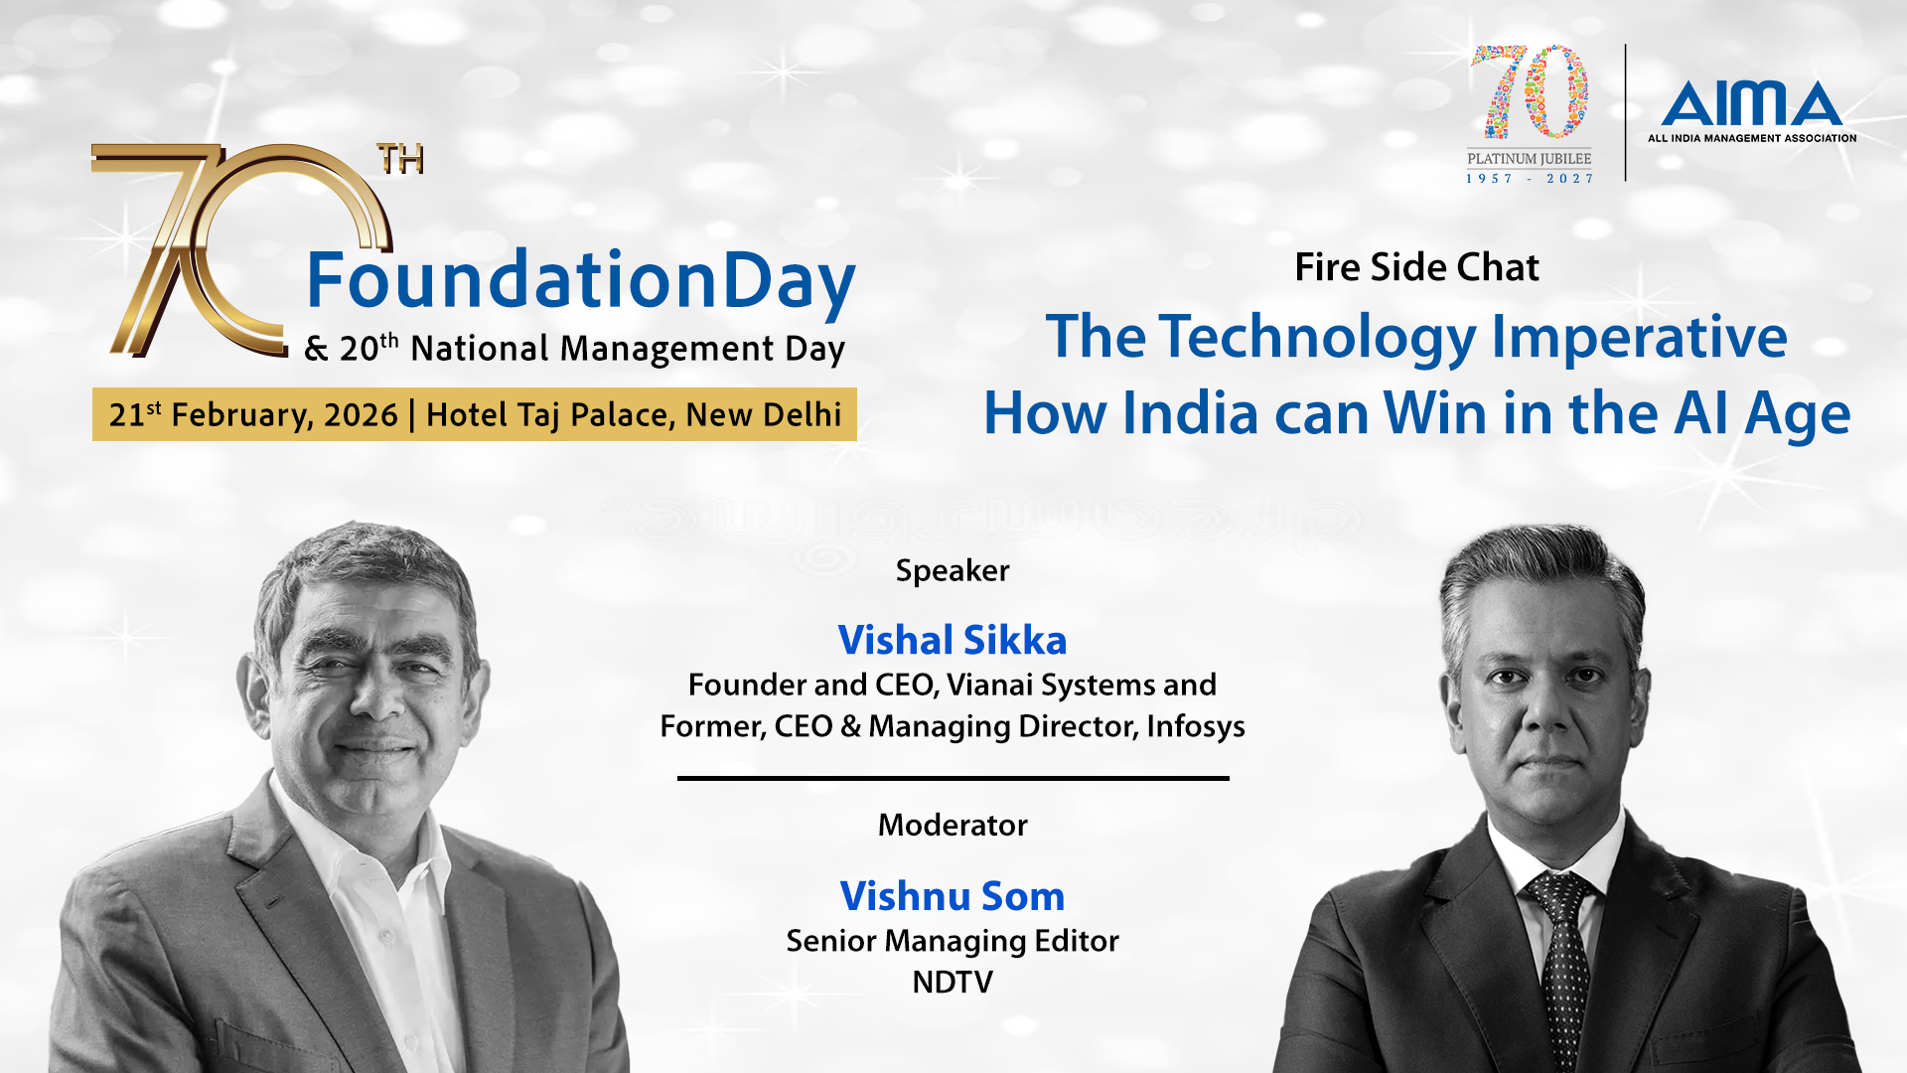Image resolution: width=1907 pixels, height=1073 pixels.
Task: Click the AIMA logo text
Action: pyautogui.click(x=1751, y=103)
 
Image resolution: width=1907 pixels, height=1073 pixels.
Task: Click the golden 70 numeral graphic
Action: pyautogui.click(x=238, y=249)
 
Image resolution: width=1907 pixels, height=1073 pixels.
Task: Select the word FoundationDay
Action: pyautogui.click(x=581, y=281)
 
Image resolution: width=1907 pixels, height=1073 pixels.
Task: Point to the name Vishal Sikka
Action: pyautogui.click(x=953, y=640)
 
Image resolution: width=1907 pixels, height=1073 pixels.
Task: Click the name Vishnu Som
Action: pyautogui.click(x=953, y=896)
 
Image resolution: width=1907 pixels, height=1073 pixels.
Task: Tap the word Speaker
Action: pyautogui.click(x=953, y=571)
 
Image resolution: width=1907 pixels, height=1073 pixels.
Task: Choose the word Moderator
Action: pyautogui.click(x=953, y=825)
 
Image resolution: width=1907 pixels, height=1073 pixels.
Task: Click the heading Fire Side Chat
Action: pyautogui.click(x=1416, y=267)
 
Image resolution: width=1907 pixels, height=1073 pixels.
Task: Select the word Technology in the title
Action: pyautogui.click(x=1318, y=338)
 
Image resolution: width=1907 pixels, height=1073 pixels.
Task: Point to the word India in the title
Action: pyautogui.click(x=1191, y=413)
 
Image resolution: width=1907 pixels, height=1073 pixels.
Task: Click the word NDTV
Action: pyautogui.click(x=953, y=983)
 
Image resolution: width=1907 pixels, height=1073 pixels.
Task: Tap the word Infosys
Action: pyautogui.click(x=1196, y=727)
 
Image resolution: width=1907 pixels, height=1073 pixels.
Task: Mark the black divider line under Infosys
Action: pyautogui.click(x=953, y=778)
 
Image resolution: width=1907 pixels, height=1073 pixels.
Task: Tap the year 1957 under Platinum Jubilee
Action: pyautogui.click(x=1489, y=179)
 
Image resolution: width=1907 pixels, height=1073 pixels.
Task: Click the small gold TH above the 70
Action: pyautogui.click(x=400, y=159)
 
